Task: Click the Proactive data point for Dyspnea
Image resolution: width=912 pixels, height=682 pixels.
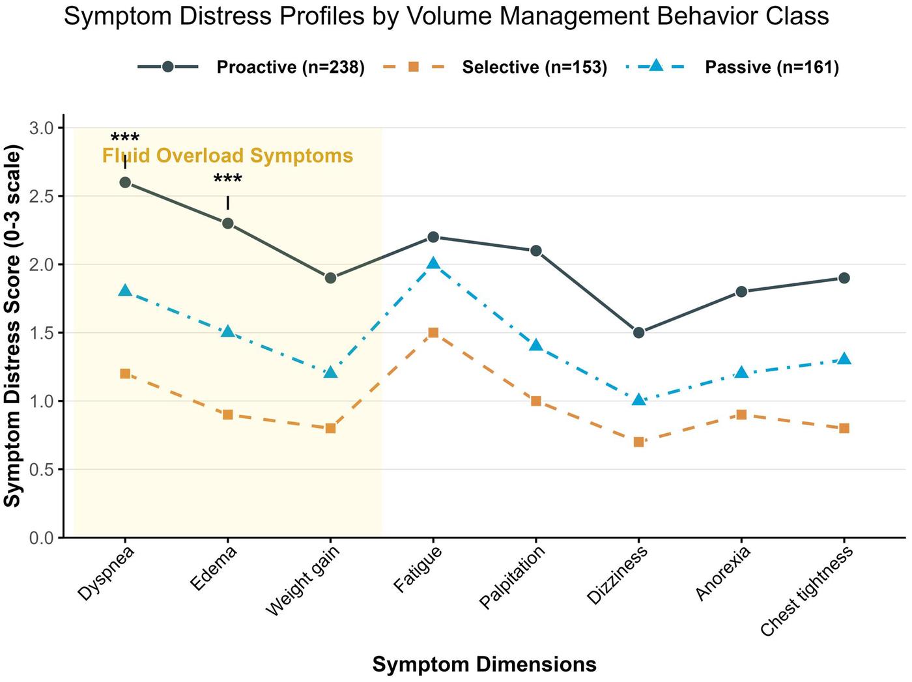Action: (x=125, y=182)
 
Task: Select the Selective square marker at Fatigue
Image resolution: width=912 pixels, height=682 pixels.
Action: (x=433, y=333)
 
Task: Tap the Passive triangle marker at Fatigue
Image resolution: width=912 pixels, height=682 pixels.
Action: (x=433, y=264)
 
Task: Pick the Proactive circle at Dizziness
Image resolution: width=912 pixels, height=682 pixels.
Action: (x=638, y=333)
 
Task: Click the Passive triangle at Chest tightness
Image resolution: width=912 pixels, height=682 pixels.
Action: (x=844, y=359)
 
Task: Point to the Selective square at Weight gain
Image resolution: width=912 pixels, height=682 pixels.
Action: (x=330, y=428)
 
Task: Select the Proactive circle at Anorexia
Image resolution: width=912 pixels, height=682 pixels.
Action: (x=741, y=292)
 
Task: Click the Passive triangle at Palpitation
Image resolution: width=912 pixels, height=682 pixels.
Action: (x=535, y=345)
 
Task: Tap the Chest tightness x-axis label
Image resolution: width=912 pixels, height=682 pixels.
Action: (x=808, y=591)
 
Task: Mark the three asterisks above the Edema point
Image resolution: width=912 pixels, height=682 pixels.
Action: (x=227, y=180)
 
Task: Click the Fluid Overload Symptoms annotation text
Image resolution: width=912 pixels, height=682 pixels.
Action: (x=227, y=156)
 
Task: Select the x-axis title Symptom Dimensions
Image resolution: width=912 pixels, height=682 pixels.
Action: (x=484, y=664)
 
